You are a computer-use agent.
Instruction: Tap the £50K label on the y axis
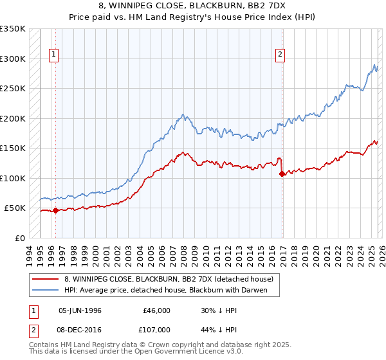pos(15,208)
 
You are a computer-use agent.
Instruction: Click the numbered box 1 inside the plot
pos(55,55)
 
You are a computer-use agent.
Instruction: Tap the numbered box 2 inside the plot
pos(281,55)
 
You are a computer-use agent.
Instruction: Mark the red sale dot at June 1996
pos(55,210)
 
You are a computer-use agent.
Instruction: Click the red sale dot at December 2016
pos(282,174)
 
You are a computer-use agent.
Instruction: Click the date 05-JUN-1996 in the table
pos(80,310)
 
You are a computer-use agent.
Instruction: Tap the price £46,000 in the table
pos(156,310)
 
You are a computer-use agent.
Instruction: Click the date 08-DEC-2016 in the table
pos(80,328)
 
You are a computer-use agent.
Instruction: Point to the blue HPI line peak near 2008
pos(184,115)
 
